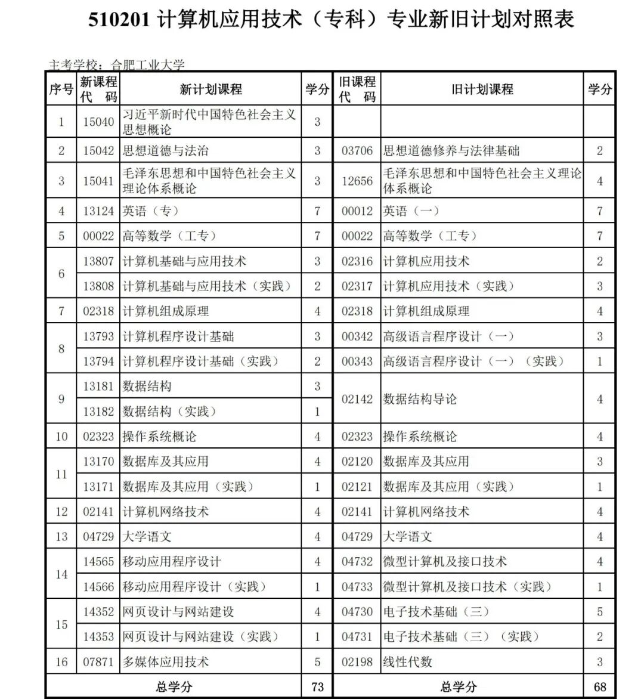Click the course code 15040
98,122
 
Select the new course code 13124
98,211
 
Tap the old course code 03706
357,151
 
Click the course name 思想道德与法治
166,151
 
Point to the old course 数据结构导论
420,399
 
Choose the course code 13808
98,286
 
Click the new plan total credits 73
317,686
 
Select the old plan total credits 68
600,686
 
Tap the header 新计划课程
211,89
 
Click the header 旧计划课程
482,89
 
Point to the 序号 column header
61,89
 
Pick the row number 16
61,662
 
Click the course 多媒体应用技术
166,662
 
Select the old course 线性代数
408,662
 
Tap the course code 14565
98,562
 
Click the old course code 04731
357,637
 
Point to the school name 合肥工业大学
148,65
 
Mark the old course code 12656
357,181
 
